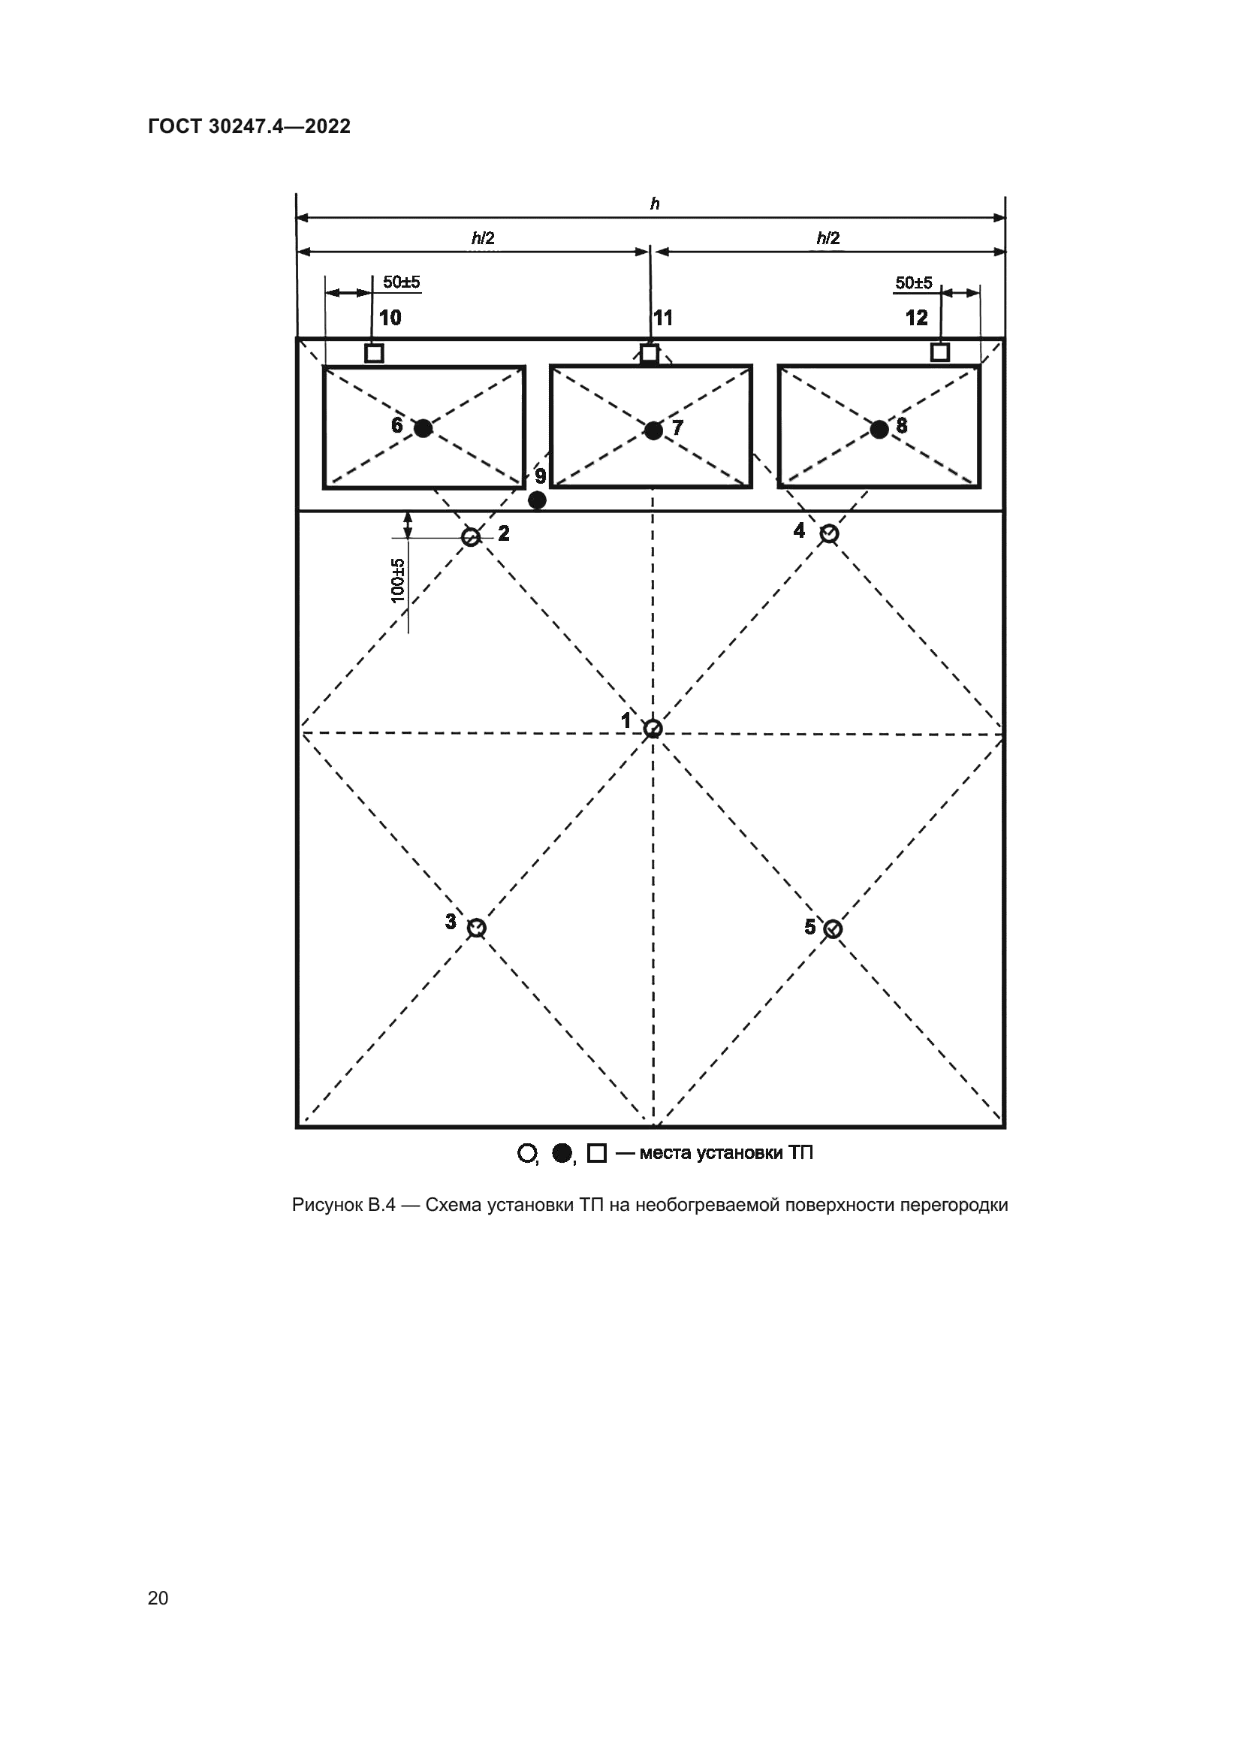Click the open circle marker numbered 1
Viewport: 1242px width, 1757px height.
(653, 728)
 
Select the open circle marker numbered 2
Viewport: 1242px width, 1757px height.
(471, 536)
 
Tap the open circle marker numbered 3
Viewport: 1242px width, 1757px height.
(477, 928)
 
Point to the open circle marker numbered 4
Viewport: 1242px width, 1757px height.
(829, 533)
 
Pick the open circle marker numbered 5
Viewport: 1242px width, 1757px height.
(833, 928)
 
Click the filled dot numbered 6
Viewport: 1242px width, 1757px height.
(423, 427)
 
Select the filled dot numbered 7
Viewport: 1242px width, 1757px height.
(653, 430)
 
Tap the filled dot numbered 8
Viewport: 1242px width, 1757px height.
(879, 430)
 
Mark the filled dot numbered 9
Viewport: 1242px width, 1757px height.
(538, 500)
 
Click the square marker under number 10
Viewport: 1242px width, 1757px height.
(374, 353)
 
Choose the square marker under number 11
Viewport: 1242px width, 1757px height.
(649, 354)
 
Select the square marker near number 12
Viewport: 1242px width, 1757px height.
(940, 352)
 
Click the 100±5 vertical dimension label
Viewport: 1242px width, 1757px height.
(398, 580)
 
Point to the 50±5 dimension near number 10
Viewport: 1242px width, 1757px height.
(402, 282)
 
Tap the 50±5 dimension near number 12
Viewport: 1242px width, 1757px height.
(914, 283)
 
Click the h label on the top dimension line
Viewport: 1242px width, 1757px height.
(655, 204)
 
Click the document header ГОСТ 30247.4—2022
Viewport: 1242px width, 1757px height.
(249, 126)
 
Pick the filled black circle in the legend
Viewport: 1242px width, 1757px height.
(562, 1152)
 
